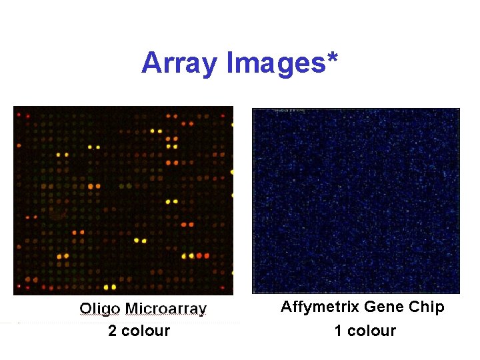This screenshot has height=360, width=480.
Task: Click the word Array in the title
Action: point(179,64)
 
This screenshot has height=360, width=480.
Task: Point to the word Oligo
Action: point(99,309)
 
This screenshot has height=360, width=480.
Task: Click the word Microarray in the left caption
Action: point(166,309)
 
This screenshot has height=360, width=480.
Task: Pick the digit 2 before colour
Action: point(113,331)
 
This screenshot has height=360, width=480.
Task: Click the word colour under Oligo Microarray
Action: point(145,331)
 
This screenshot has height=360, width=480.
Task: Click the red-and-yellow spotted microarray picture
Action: point(123,200)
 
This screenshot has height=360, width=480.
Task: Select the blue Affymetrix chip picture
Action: point(356,201)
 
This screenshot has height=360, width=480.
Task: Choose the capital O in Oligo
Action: point(86,309)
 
